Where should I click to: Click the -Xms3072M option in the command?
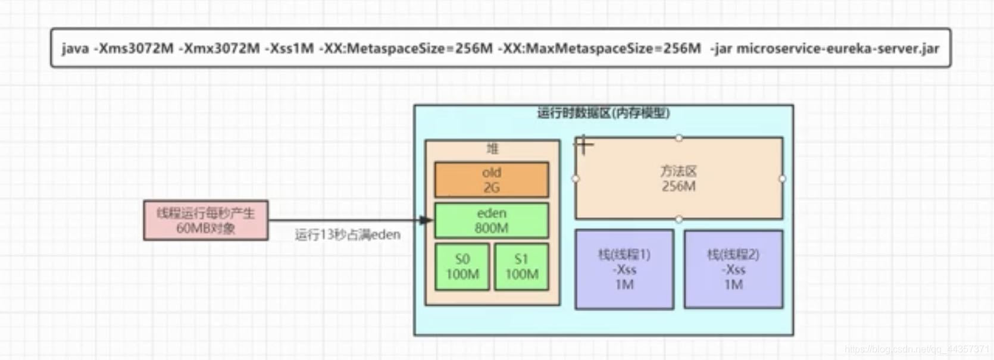click(x=134, y=48)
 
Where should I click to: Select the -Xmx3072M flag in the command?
click(x=219, y=48)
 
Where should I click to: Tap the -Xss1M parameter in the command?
click(x=291, y=48)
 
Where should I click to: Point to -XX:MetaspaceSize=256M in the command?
click(x=406, y=48)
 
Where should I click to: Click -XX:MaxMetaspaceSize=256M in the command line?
click(x=602, y=48)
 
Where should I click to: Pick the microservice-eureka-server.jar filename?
click(x=837, y=48)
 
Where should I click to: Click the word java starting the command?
click(x=75, y=48)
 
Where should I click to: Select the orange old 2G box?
click(x=492, y=180)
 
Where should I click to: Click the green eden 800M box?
click(x=492, y=220)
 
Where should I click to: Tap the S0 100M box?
click(x=462, y=267)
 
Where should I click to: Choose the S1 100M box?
click(x=521, y=267)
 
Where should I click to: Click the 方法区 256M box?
click(x=679, y=179)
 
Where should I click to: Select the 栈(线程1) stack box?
click(x=624, y=270)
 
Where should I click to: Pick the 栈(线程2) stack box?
click(x=733, y=270)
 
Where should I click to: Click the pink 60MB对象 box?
click(x=206, y=220)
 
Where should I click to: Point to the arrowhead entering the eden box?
click(x=426, y=220)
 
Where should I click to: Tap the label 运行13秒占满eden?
click(x=348, y=234)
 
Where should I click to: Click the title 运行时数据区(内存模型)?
click(x=604, y=113)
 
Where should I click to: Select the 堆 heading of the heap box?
click(x=492, y=148)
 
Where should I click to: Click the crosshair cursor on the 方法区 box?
click(x=584, y=145)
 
